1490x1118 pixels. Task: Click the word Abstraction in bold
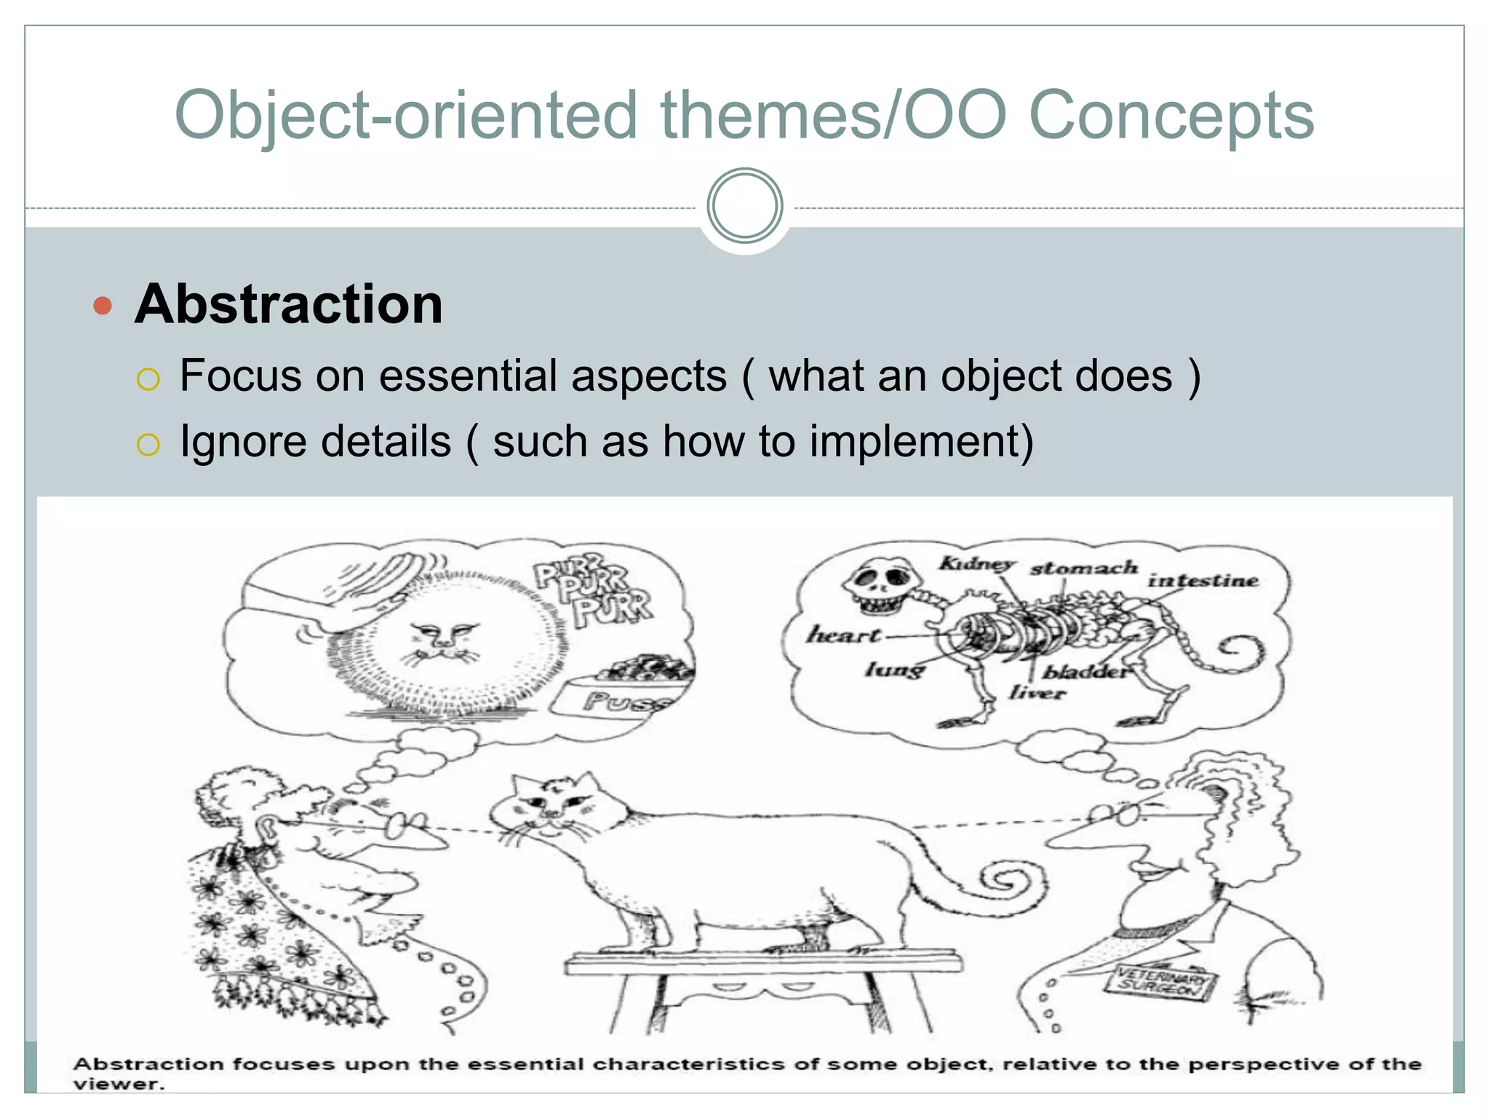pos(289,304)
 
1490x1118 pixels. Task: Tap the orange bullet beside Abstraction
pos(103,305)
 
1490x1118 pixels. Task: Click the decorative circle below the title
pos(744,206)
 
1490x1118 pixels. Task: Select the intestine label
pos(1203,580)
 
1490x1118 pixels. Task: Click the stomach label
pos(1083,568)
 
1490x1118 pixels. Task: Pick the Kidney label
pos(976,563)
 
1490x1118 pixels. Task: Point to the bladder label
pos(1085,671)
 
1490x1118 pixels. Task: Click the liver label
pos(1037,692)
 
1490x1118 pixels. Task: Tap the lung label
pos(894,668)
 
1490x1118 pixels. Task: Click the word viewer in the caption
pos(119,1084)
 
